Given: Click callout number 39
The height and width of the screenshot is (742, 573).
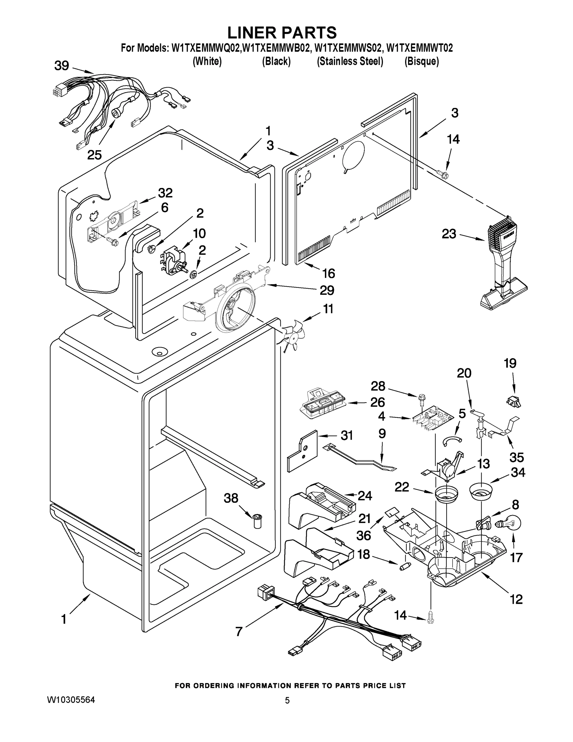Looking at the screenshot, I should pos(61,66).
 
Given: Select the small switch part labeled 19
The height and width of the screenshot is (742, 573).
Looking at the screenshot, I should pos(513,401).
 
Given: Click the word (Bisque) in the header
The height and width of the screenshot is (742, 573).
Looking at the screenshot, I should pos(422,62).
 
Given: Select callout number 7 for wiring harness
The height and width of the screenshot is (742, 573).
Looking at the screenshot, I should pos(239,632).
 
